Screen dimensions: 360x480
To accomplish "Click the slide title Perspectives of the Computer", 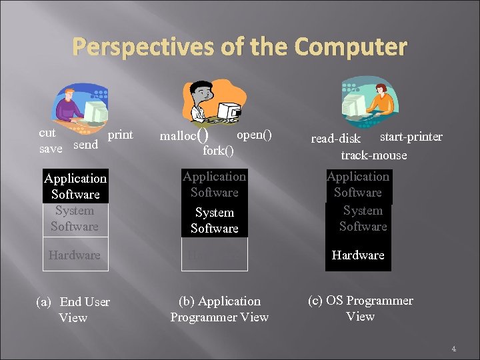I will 239,48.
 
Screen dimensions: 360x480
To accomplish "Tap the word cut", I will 47,133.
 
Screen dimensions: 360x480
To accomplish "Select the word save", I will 51,149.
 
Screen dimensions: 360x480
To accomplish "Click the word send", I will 85,144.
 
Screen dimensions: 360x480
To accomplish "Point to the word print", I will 120,135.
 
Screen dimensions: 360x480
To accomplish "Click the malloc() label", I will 186,136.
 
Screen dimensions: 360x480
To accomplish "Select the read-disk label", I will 335,139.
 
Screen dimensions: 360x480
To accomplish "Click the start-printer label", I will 411,137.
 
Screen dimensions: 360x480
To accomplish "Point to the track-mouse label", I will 373,155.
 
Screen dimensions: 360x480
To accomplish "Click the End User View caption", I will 73,309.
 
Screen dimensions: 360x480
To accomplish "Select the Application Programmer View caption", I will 219,309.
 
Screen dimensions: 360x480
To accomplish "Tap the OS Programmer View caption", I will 360,308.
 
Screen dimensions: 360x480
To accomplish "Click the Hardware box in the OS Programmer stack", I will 358,255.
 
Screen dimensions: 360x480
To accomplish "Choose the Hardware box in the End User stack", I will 74,255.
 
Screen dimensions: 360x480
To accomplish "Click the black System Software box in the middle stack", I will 214,220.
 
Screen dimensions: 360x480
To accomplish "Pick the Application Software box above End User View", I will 75,186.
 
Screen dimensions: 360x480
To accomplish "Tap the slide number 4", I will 453,348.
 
